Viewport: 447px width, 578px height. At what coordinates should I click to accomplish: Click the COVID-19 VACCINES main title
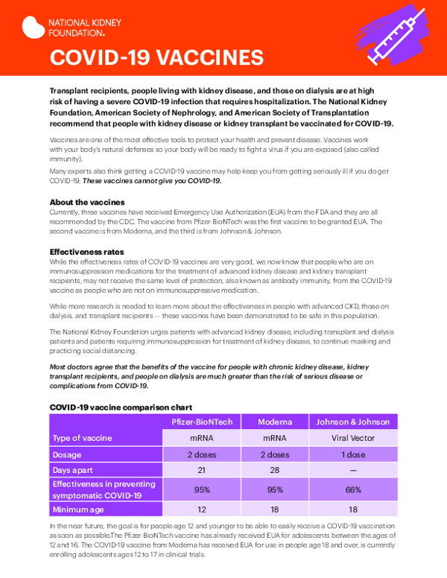(x=156, y=57)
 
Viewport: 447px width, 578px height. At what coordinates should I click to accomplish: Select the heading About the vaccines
(x=86, y=203)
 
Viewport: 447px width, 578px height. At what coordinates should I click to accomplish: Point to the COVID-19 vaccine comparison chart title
(x=121, y=407)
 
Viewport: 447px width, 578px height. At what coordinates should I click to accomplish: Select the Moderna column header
(x=275, y=422)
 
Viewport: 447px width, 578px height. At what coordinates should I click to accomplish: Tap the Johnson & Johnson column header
(x=353, y=422)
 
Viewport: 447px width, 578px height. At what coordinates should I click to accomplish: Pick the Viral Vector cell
(x=353, y=439)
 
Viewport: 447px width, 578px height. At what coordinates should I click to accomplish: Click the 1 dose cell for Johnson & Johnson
(x=353, y=454)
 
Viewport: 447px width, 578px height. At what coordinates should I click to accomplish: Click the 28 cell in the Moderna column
(x=275, y=470)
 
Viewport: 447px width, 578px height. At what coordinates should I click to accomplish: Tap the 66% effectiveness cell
(x=353, y=490)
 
